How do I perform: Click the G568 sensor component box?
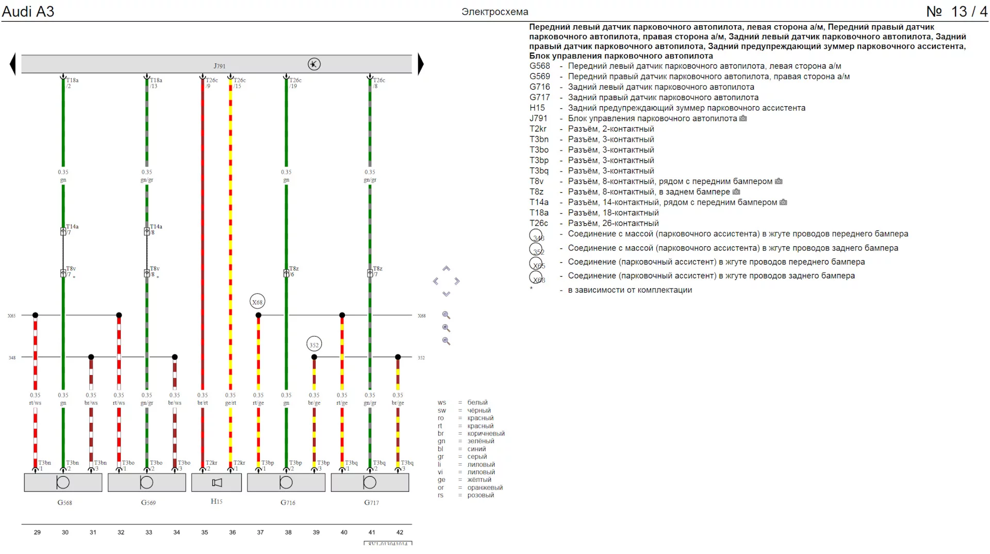point(63,482)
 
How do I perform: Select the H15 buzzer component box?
point(217,482)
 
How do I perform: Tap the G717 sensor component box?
point(370,482)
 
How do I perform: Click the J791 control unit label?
point(220,66)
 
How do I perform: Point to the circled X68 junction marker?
point(257,302)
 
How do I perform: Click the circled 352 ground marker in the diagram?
point(314,345)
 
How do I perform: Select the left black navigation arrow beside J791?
point(13,64)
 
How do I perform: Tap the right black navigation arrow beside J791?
point(421,64)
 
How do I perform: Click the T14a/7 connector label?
point(72,229)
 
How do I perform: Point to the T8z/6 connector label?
point(293,272)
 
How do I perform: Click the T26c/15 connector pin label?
point(239,83)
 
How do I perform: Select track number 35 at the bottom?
point(205,532)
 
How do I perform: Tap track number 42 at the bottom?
point(400,532)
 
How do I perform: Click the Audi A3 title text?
point(28,11)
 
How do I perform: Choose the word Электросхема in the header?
point(494,12)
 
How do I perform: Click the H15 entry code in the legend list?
point(537,108)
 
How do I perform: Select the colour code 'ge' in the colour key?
point(441,480)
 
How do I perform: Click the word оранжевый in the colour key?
point(485,488)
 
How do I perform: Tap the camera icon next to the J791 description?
point(743,119)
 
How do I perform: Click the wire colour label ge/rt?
point(230,403)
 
